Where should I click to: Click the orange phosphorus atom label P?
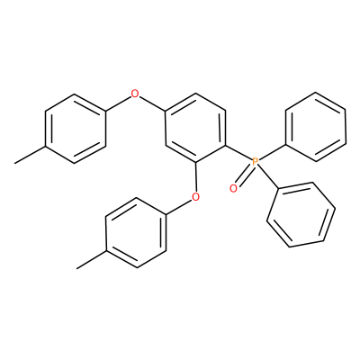tap(255, 162)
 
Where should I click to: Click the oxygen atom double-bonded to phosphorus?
tap(233, 189)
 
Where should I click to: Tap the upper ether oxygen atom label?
tap(135, 94)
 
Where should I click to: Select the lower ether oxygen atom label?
tap(195, 197)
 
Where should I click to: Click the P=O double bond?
tap(244, 175)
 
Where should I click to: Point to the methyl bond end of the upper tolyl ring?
tap(15, 164)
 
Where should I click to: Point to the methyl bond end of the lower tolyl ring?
tap(77, 268)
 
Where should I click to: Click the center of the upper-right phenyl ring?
tap(316, 127)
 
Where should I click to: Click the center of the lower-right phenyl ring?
tap(301, 214)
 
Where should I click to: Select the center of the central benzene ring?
tap(195, 129)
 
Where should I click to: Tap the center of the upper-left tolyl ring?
tap(76, 129)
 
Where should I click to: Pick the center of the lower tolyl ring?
tap(136, 232)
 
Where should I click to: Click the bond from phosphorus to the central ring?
tap(238, 153)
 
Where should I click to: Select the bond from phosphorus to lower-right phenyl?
tap(269, 177)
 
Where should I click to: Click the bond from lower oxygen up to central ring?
tap(195, 177)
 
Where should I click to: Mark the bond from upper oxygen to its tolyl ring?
tap(119, 103)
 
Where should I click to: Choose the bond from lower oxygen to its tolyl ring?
tap(179, 207)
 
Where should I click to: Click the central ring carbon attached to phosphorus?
tap(225, 146)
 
